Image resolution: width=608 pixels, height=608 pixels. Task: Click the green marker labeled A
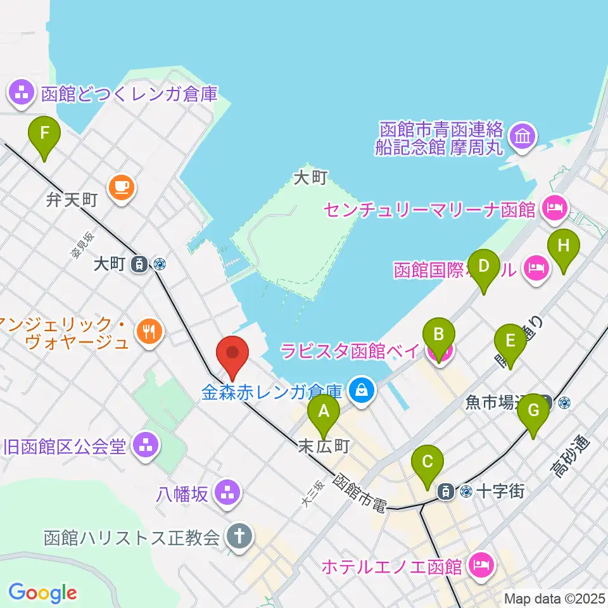[x=324, y=412]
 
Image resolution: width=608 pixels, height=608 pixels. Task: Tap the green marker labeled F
[x=44, y=134]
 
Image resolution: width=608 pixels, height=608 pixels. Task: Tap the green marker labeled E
[x=510, y=342]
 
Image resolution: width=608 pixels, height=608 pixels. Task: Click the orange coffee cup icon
[x=121, y=187]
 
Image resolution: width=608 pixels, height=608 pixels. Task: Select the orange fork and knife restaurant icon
[x=149, y=330]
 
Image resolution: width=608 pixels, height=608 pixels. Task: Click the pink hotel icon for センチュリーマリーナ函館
[x=555, y=207]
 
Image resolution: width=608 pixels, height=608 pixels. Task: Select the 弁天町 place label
[x=72, y=201]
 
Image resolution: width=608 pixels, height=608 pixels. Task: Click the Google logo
[x=42, y=593]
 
